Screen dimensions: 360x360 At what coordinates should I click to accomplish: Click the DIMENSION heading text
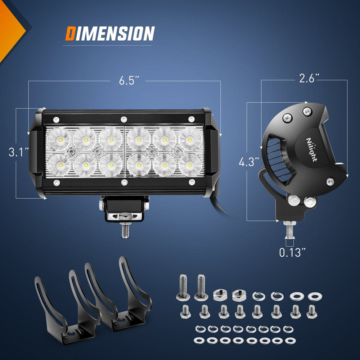click(x=110, y=33)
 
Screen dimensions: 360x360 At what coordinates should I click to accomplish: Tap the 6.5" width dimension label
click(x=129, y=81)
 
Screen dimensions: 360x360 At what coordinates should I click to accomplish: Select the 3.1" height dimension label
click(x=19, y=152)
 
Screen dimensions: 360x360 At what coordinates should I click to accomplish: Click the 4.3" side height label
click(x=249, y=162)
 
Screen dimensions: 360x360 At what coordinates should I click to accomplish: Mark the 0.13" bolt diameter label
click(x=292, y=252)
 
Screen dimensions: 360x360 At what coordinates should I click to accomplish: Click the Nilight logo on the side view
click(x=312, y=150)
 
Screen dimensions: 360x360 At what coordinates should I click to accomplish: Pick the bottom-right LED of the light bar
click(x=190, y=165)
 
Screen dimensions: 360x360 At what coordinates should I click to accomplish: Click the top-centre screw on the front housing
click(x=124, y=120)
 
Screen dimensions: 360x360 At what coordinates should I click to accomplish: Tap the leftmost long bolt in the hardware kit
click(x=183, y=287)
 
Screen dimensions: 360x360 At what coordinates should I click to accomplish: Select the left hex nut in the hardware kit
click(x=220, y=295)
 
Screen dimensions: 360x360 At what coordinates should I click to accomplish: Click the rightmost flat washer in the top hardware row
click(x=315, y=296)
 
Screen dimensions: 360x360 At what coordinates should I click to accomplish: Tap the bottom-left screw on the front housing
click(x=57, y=183)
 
